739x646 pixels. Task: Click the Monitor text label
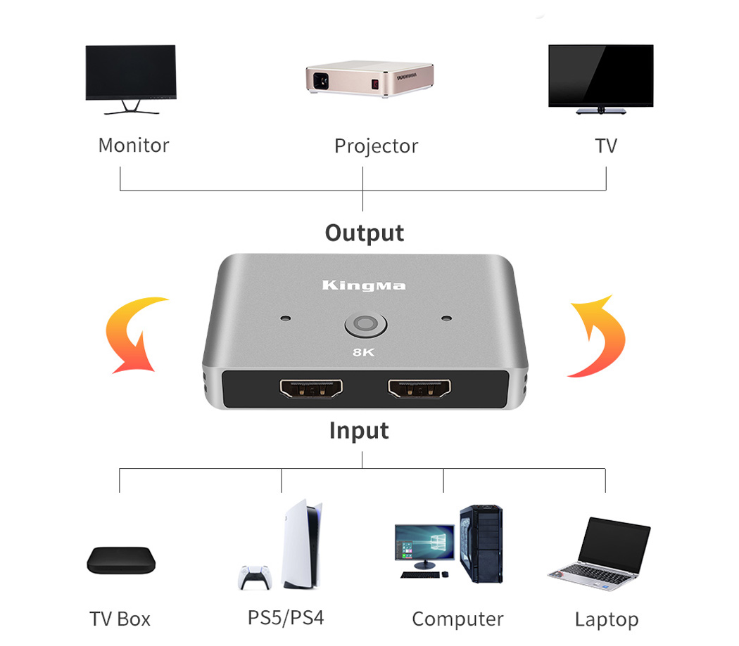(x=133, y=146)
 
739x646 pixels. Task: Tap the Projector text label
(x=376, y=146)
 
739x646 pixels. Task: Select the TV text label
(x=605, y=146)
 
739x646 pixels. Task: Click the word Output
(x=364, y=233)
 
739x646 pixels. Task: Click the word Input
(x=359, y=430)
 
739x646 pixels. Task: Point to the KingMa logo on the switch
(x=363, y=285)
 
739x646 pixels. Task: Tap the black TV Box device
(x=118, y=560)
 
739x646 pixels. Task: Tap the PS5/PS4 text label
(x=286, y=618)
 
